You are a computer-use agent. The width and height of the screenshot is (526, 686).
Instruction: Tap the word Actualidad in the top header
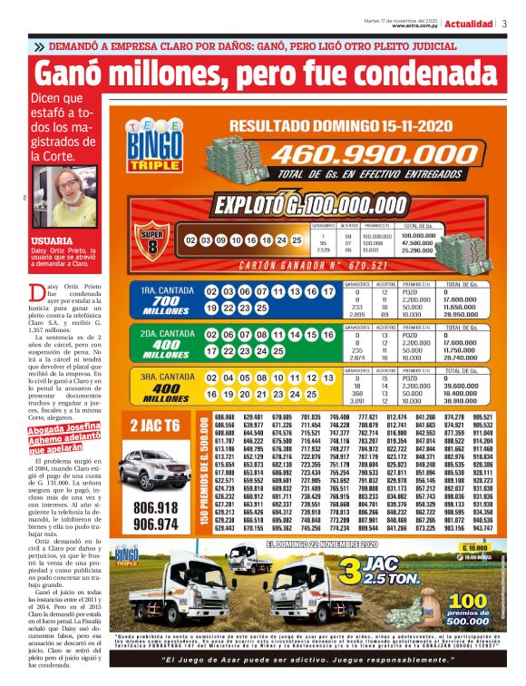(x=469, y=24)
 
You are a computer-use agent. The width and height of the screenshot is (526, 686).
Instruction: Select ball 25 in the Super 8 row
(x=296, y=240)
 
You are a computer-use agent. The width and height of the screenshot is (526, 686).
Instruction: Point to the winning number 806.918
(x=155, y=506)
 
